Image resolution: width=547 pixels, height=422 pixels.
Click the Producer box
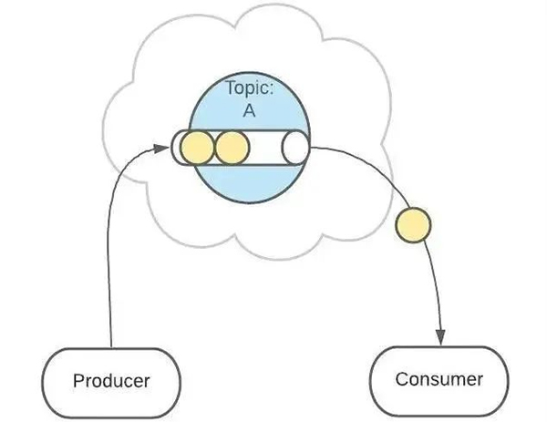click(x=110, y=378)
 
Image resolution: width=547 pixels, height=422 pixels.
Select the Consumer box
click(x=439, y=378)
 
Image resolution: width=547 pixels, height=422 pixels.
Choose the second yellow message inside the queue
click(x=230, y=147)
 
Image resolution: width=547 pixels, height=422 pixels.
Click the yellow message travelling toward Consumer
click(x=410, y=225)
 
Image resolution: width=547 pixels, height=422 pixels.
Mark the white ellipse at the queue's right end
click(x=295, y=147)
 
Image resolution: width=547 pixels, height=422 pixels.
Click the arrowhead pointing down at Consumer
click(x=442, y=335)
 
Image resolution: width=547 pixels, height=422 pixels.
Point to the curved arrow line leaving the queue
click(x=383, y=178)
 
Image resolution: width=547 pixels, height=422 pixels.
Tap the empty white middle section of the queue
click(x=264, y=147)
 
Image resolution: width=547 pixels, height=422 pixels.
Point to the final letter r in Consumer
click(x=479, y=378)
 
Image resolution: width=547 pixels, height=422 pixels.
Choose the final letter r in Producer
click(x=146, y=379)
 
